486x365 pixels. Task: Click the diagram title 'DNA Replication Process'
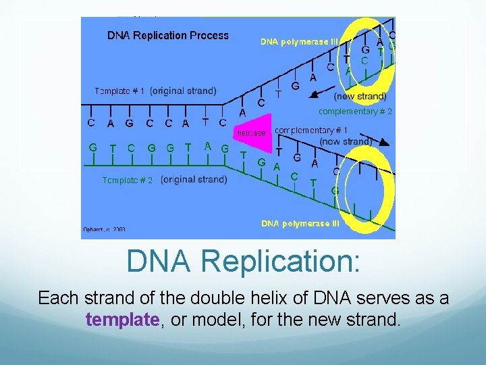tap(168, 35)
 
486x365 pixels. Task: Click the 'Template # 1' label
tap(119, 91)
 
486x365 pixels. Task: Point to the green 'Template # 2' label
tap(128, 180)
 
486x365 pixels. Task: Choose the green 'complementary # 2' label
tap(355, 111)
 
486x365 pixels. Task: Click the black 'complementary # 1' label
tap(311, 130)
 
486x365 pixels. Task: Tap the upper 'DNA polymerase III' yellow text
tap(300, 42)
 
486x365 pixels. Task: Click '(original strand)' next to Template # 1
tap(183, 91)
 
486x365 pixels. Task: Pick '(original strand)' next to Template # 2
tap(194, 180)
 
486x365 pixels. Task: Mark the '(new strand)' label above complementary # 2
tap(360, 97)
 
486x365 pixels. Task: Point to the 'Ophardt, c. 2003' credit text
tap(104, 230)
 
